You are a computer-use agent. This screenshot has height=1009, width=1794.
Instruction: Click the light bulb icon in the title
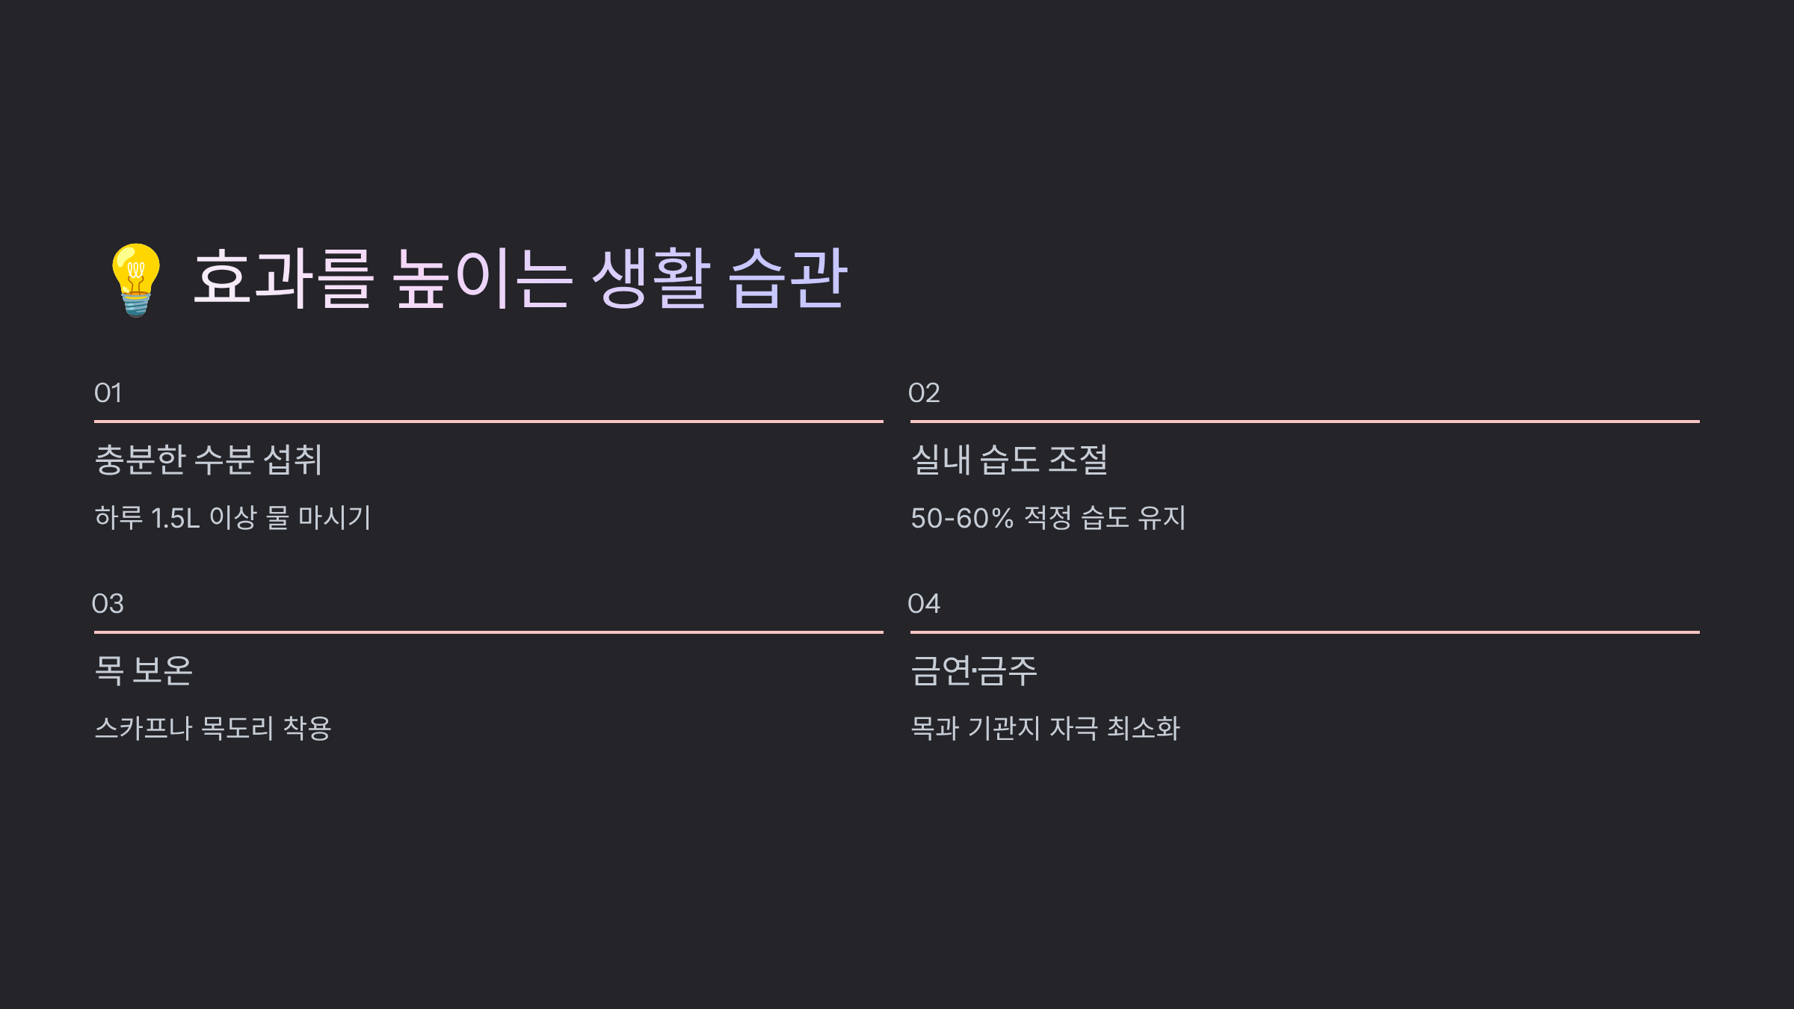[x=136, y=280]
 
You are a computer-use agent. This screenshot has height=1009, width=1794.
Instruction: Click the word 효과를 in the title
[x=283, y=278]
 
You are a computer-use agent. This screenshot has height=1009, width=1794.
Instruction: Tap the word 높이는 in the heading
[x=482, y=278]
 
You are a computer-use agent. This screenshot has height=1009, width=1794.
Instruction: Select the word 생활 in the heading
[x=650, y=278]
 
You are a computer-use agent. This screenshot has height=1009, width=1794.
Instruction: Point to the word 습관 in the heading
[x=788, y=278]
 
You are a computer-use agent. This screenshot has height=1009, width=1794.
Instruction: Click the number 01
[x=108, y=393]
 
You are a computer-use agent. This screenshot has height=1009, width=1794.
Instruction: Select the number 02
[x=924, y=393]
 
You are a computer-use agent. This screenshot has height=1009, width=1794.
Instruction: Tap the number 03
[x=108, y=604]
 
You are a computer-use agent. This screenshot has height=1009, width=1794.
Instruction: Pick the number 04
[x=924, y=604]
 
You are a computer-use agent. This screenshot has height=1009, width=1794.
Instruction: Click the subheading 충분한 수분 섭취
[x=209, y=460]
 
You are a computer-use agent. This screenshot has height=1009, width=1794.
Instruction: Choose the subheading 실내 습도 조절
[x=1009, y=460]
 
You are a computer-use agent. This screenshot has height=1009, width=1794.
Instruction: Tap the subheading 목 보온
[x=144, y=670]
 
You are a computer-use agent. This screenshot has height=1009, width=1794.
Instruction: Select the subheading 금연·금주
[x=974, y=670]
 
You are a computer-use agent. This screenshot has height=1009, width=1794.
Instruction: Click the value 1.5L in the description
[x=176, y=518]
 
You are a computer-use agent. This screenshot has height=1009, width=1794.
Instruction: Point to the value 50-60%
[x=962, y=518]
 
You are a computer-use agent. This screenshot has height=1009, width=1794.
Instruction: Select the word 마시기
[x=334, y=517]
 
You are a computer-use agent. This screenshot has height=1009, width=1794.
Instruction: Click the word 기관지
[x=1004, y=728]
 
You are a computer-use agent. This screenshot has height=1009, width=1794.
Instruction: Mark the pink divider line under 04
[x=1304, y=632]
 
